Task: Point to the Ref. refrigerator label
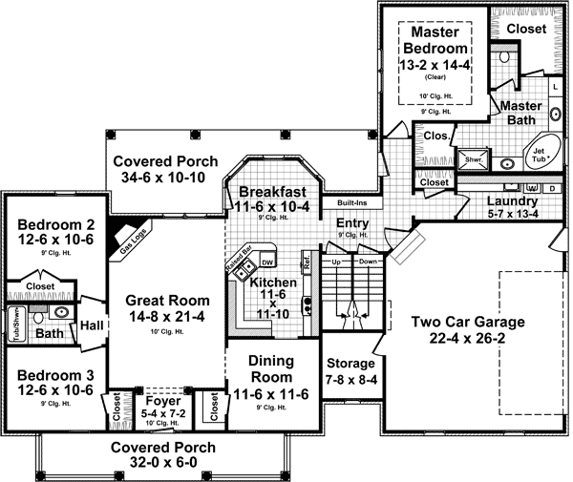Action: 307,260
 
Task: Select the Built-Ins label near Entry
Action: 340,203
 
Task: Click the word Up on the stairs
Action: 335,260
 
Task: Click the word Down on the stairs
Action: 370,260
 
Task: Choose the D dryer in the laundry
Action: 551,188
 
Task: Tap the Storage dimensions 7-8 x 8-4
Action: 350,380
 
